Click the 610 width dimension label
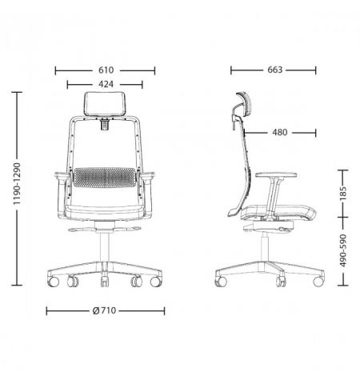tap(106, 70)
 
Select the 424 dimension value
tap(106, 84)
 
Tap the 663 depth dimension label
tap(274, 70)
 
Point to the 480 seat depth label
tap(280, 132)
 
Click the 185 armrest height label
tap(343, 194)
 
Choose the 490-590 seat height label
tap(343, 250)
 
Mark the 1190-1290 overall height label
tap(17, 184)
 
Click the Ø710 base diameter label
tap(104, 310)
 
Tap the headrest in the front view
tap(104, 104)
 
